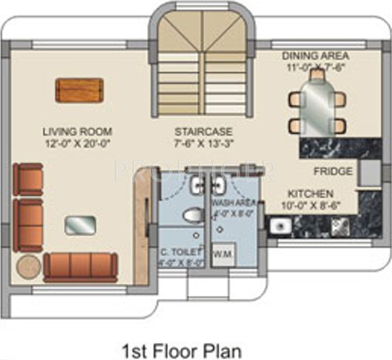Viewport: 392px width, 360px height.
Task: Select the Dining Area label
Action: coord(316,55)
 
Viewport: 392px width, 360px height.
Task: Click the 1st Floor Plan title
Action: coord(182,350)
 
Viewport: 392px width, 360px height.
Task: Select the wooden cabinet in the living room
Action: coord(79,90)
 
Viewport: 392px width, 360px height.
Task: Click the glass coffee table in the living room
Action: coord(80,225)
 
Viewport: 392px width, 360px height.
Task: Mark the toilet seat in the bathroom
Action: coord(191,215)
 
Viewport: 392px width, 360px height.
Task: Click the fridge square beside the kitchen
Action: coord(369,171)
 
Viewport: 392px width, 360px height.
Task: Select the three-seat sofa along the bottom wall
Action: coord(80,267)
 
